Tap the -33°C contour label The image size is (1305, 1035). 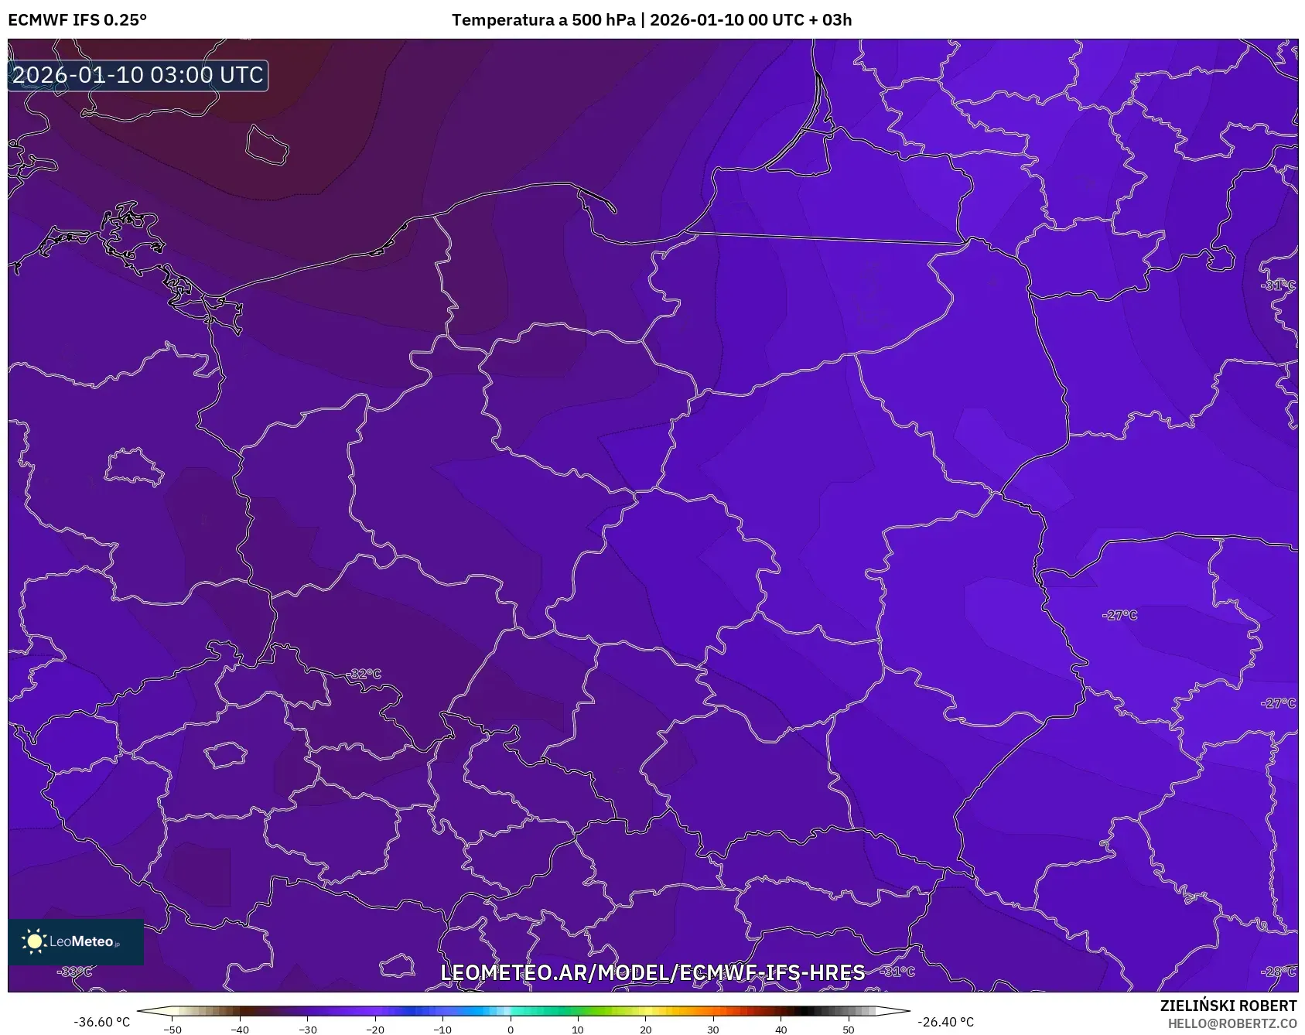pos(76,972)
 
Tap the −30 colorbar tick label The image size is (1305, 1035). pos(308,1030)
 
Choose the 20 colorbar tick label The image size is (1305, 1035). pos(645,1030)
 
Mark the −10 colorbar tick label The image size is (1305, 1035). pos(442,1030)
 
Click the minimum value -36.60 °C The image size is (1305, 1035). pos(102,1022)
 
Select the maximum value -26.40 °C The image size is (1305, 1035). pos(945,1022)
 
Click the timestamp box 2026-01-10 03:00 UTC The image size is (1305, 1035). pos(138,75)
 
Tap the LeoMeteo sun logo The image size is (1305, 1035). pos(34,941)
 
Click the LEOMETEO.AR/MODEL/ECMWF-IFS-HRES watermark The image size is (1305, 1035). pos(652,972)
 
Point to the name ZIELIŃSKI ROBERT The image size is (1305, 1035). pos(1228,1006)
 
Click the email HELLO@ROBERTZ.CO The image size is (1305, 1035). pos(1232,1023)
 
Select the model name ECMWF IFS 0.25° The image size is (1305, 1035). pos(77,20)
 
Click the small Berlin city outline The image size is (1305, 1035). pos(133,466)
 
